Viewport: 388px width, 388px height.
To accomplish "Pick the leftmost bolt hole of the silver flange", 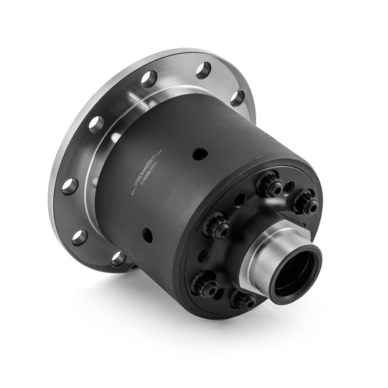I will (x=69, y=186).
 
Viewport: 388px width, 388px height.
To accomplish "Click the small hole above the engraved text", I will (x=199, y=154).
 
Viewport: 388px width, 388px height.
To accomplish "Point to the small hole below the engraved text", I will (x=147, y=234).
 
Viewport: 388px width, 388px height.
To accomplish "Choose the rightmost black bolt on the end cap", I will (x=306, y=203).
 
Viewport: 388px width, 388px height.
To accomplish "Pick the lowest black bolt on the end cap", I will (x=244, y=300).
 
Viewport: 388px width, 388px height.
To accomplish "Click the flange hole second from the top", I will (x=149, y=79).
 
